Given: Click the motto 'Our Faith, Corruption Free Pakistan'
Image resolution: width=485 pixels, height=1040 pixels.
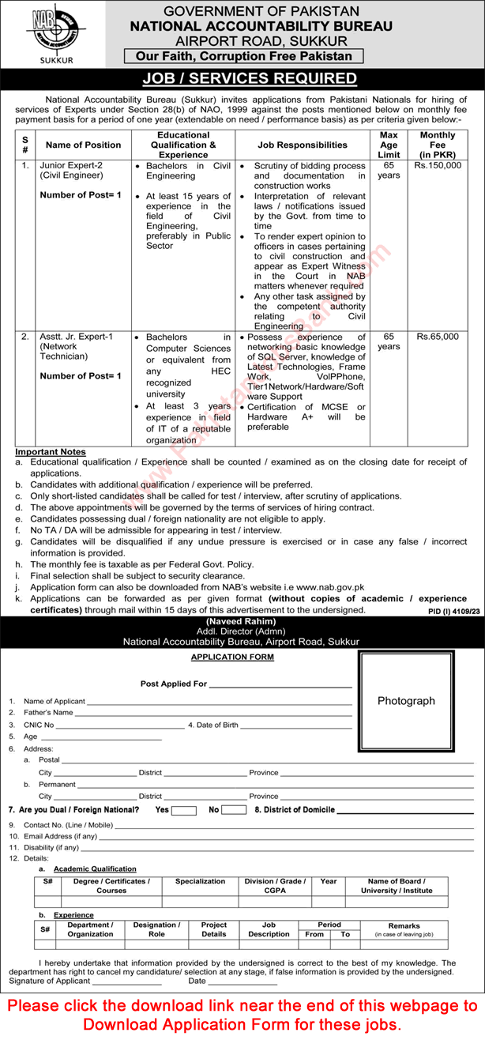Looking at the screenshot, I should coord(242,57).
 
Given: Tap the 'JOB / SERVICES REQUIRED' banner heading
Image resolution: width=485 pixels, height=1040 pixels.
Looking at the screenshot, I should coord(242,79).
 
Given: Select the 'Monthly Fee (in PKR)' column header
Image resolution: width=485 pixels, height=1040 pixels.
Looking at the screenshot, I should coord(438,145).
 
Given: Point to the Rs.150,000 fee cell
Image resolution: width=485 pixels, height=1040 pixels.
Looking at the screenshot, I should coord(438,167).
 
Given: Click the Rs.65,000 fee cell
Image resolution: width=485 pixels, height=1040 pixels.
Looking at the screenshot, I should coord(438,337).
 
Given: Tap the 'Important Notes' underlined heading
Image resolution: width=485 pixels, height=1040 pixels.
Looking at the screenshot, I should coord(51,452).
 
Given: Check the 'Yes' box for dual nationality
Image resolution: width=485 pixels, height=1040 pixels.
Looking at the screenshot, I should coord(184,811).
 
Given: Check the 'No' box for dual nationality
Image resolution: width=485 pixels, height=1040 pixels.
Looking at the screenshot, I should coord(234,811).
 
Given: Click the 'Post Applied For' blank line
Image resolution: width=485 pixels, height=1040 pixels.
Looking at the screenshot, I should coord(280,684).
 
